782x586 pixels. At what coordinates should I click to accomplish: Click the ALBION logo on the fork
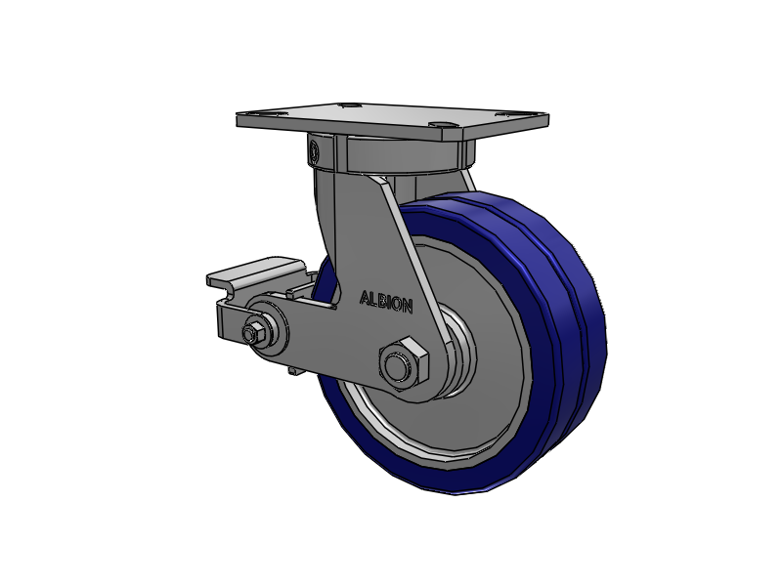(x=386, y=302)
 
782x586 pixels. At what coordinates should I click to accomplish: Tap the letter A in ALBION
(x=365, y=298)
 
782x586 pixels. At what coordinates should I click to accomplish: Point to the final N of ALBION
(x=408, y=307)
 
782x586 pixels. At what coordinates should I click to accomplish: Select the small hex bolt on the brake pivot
(x=252, y=333)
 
